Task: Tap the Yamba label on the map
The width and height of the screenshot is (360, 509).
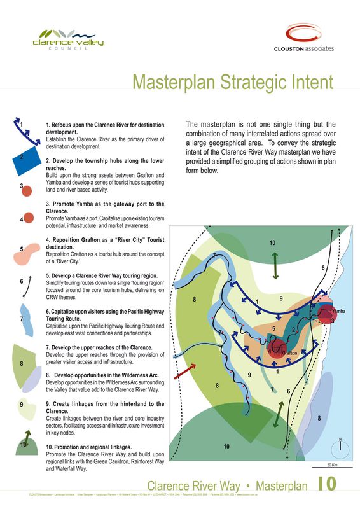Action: coord(338,310)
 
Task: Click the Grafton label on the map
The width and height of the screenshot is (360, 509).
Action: coord(289,352)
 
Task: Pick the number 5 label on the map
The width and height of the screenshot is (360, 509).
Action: coord(273,328)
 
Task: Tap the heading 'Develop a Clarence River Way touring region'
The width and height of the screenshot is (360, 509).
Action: coord(101,276)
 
